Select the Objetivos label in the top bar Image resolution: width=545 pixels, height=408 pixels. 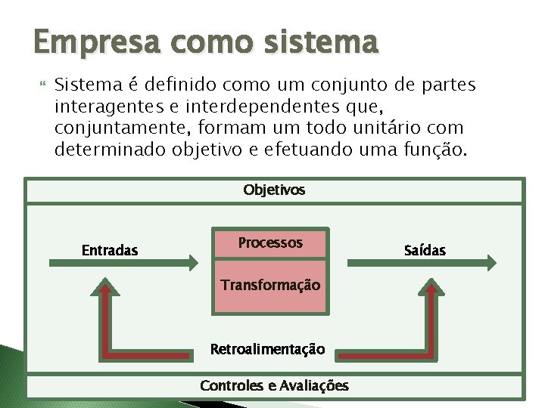pos(274,190)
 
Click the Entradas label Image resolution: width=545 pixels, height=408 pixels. pos(110,250)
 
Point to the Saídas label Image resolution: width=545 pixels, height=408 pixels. pos(425,250)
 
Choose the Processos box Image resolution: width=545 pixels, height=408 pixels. pos(270,243)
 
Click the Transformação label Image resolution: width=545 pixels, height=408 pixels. pos(270,285)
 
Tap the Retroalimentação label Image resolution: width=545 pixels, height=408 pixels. pos(267,349)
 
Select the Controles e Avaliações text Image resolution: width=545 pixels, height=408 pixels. pos(274,385)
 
